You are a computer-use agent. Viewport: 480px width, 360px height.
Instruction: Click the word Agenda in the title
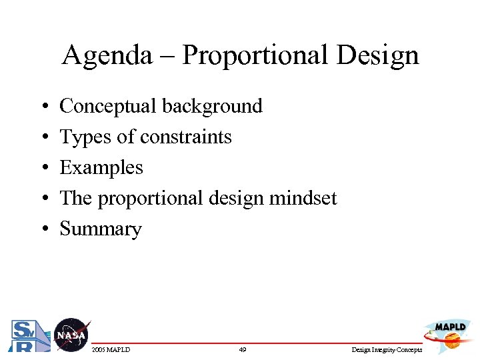(x=107, y=55)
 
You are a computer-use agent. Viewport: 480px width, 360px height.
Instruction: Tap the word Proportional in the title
(x=256, y=55)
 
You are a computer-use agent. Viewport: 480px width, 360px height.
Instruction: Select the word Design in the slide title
(x=377, y=55)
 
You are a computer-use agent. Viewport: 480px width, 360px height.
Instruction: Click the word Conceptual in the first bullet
(x=108, y=106)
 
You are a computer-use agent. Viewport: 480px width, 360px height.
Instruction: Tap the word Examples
(x=101, y=167)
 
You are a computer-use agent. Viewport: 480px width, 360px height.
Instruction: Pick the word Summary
(x=101, y=229)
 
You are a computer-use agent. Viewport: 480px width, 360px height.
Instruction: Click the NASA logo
(x=71, y=335)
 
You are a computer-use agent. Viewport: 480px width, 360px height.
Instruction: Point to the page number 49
(x=242, y=349)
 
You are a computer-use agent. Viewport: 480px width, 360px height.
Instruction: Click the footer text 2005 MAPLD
(x=111, y=349)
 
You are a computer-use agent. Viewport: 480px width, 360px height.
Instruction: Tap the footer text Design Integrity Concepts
(x=386, y=349)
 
